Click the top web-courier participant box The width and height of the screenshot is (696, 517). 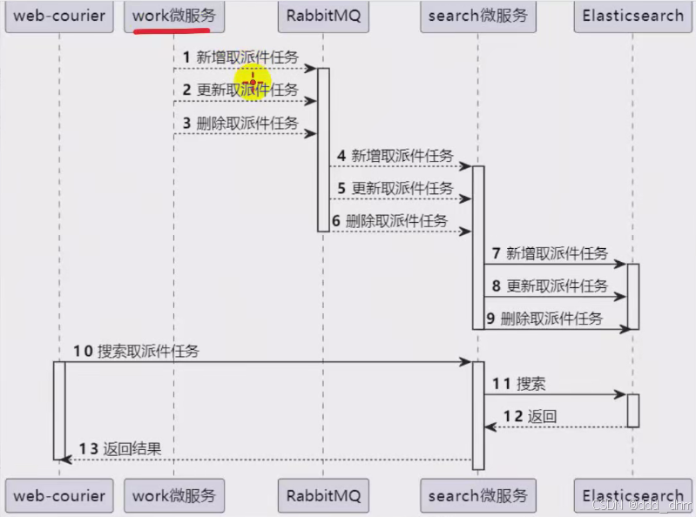[x=59, y=16]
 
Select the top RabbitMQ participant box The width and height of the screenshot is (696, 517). [x=322, y=16]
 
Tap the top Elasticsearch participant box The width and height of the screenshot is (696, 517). [x=632, y=16]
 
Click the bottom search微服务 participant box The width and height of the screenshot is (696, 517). [x=477, y=496]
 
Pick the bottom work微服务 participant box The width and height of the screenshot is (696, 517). [x=173, y=496]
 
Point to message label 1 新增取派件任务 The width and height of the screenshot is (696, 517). [x=240, y=57]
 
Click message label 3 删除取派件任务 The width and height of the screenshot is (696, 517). [x=240, y=123]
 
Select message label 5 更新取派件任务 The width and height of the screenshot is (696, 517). [x=395, y=188]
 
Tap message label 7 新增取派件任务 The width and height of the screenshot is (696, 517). [x=551, y=253]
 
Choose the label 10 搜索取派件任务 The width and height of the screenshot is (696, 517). [x=136, y=352]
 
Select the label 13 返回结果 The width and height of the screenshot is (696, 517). [x=123, y=449]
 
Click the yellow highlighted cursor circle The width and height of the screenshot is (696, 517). [x=253, y=84]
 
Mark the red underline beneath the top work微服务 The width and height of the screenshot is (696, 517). [x=173, y=33]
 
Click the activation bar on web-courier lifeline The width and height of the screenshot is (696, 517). [x=59, y=410]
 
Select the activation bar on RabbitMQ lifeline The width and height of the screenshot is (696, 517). [x=323, y=149]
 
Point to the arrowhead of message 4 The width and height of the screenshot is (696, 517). [x=467, y=166]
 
